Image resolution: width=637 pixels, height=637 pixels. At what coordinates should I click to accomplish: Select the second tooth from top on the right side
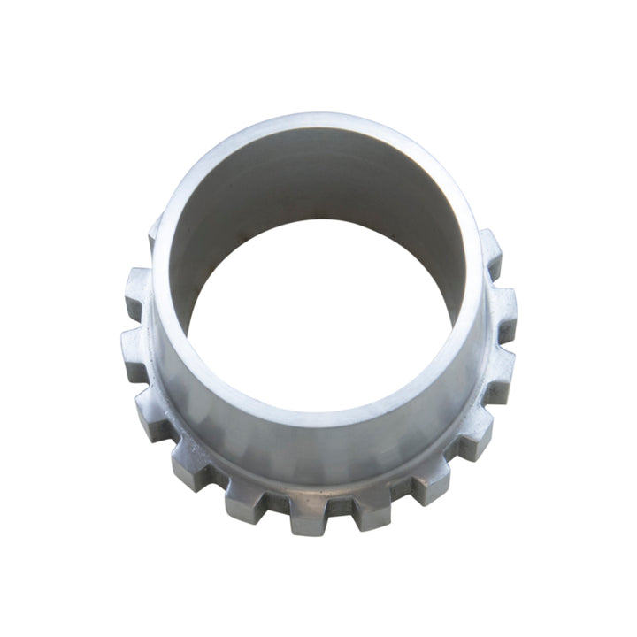pyautogui.click(x=503, y=305)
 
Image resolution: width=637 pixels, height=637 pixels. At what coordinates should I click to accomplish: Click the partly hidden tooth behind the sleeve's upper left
pyautogui.click(x=152, y=232)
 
